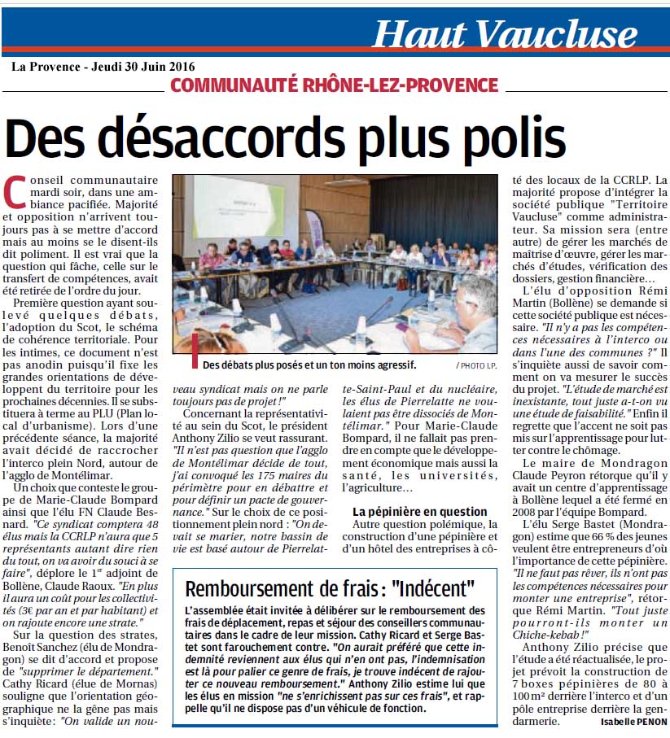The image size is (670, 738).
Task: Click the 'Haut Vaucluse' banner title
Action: [x=505, y=33]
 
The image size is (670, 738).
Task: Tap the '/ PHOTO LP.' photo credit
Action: [x=477, y=365]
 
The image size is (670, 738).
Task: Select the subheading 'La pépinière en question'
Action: [x=419, y=512]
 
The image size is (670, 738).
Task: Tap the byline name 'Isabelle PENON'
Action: [x=633, y=722]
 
